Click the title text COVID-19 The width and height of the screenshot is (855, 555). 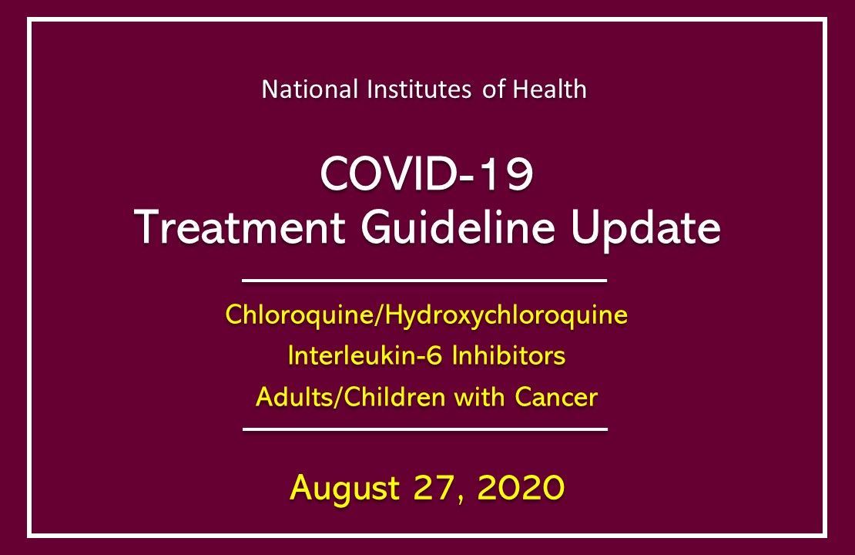427,176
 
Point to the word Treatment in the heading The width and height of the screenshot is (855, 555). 230,227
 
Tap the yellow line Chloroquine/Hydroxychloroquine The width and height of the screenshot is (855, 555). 427,316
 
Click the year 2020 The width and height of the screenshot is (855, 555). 517,487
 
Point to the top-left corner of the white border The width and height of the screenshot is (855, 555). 29,19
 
